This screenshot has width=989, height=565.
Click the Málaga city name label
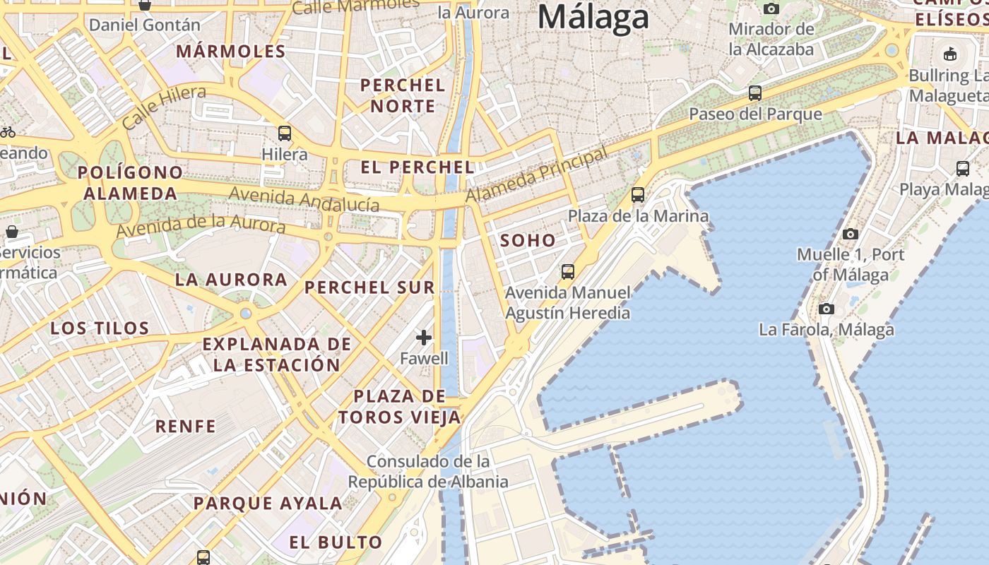(x=593, y=17)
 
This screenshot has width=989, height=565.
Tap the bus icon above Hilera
(x=285, y=133)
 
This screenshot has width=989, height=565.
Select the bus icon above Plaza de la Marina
(x=638, y=194)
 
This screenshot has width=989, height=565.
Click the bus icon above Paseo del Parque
(x=754, y=93)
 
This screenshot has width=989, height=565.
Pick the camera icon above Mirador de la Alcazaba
(x=771, y=8)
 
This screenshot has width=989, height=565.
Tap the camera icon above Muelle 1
(x=851, y=234)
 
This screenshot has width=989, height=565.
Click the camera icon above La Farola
(x=826, y=309)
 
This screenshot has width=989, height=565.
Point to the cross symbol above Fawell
(x=424, y=338)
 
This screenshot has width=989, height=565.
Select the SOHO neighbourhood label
(x=528, y=241)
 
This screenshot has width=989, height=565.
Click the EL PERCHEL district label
(x=417, y=167)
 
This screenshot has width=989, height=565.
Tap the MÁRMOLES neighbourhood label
(x=231, y=52)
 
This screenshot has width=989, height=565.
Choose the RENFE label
(x=185, y=427)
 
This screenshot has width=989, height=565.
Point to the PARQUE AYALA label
(x=268, y=504)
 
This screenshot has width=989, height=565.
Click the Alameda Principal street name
(x=537, y=176)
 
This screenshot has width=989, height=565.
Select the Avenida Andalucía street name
(x=304, y=199)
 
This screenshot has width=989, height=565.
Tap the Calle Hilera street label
(x=164, y=107)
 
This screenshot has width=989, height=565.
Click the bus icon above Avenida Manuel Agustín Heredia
(x=567, y=271)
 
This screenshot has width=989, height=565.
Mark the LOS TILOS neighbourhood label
(x=100, y=328)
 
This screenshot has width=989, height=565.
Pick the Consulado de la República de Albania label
(x=428, y=472)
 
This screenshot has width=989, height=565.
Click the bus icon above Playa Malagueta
(x=962, y=168)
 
